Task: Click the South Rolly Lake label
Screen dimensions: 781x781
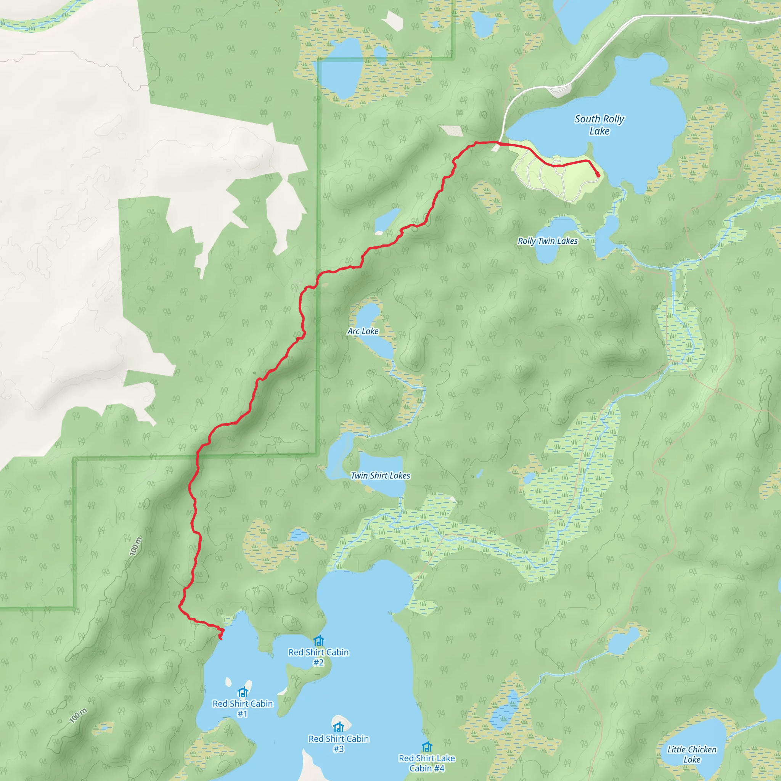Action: (x=599, y=125)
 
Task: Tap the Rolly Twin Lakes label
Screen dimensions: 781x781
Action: (x=547, y=241)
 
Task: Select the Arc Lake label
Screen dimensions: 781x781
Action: (x=363, y=331)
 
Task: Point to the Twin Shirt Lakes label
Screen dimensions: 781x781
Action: (x=380, y=476)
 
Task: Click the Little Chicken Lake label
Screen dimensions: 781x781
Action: (x=692, y=754)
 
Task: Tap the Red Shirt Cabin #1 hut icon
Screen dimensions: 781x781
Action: (x=243, y=692)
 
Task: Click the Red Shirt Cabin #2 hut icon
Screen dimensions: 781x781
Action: (x=318, y=641)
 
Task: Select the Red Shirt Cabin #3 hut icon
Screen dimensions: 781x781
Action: (x=338, y=727)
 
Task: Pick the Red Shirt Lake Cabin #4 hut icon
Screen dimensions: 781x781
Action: (x=427, y=747)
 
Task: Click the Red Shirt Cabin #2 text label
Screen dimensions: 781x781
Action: (x=318, y=657)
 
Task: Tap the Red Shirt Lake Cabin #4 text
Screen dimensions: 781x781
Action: (x=427, y=763)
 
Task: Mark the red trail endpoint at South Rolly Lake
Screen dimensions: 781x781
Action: (x=598, y=175)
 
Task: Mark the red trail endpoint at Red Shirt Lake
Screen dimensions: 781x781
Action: (x=220, y=638)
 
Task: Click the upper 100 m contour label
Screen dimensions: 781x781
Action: (x=136, y=546)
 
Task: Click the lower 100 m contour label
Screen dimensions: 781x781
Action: (x=78, y=715)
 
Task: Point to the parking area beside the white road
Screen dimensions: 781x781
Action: (x=558, y=92)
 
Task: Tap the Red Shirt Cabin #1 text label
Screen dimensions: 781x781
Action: (x=243, y=708)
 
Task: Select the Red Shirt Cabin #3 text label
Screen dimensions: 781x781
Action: (x=338, y=743)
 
